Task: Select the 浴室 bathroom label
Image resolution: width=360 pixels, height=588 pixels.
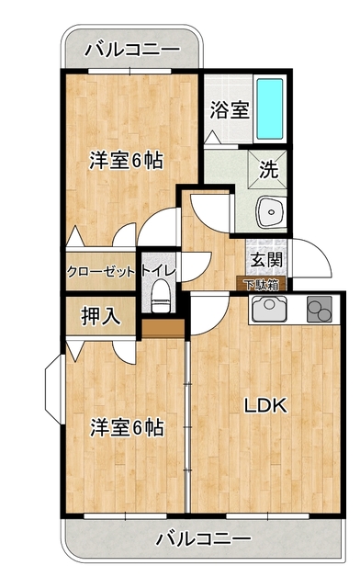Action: click(x=229, y=109)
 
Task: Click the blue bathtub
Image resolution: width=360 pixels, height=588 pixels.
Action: click(x=270, y=108)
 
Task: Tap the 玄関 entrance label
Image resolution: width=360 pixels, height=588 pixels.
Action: click(x=264, y=259)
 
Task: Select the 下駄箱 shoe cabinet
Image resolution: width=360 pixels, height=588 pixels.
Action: click(x=264, y=285)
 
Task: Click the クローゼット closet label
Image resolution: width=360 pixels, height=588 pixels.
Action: click(x=101, y=271)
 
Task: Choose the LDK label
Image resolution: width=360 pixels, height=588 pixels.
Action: click(x=266, y=405)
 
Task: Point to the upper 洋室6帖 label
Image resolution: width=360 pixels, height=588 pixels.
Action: click(x=126, y=160)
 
